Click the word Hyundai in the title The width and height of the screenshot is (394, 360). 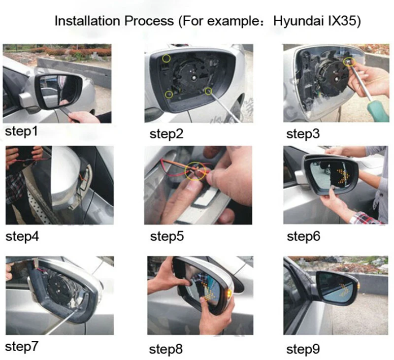point(298,21)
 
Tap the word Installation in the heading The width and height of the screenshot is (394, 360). point(89,21)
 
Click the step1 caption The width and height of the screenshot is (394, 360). point(21,131)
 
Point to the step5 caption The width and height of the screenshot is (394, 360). point(167,236)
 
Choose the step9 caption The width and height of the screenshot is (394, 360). point(303,349)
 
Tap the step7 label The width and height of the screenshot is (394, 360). point(22,346)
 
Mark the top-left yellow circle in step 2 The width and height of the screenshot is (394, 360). point(166,59)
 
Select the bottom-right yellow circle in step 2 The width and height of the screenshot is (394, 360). point(208,91)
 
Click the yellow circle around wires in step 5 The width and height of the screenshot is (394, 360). point(195,171)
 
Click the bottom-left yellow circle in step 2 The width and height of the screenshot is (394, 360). point(168,95)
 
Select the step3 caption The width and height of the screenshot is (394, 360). point(303,133)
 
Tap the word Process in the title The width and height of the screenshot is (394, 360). point(149,21)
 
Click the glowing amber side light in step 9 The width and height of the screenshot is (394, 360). point(358,286)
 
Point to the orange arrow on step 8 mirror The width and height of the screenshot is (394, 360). point(207,292)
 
